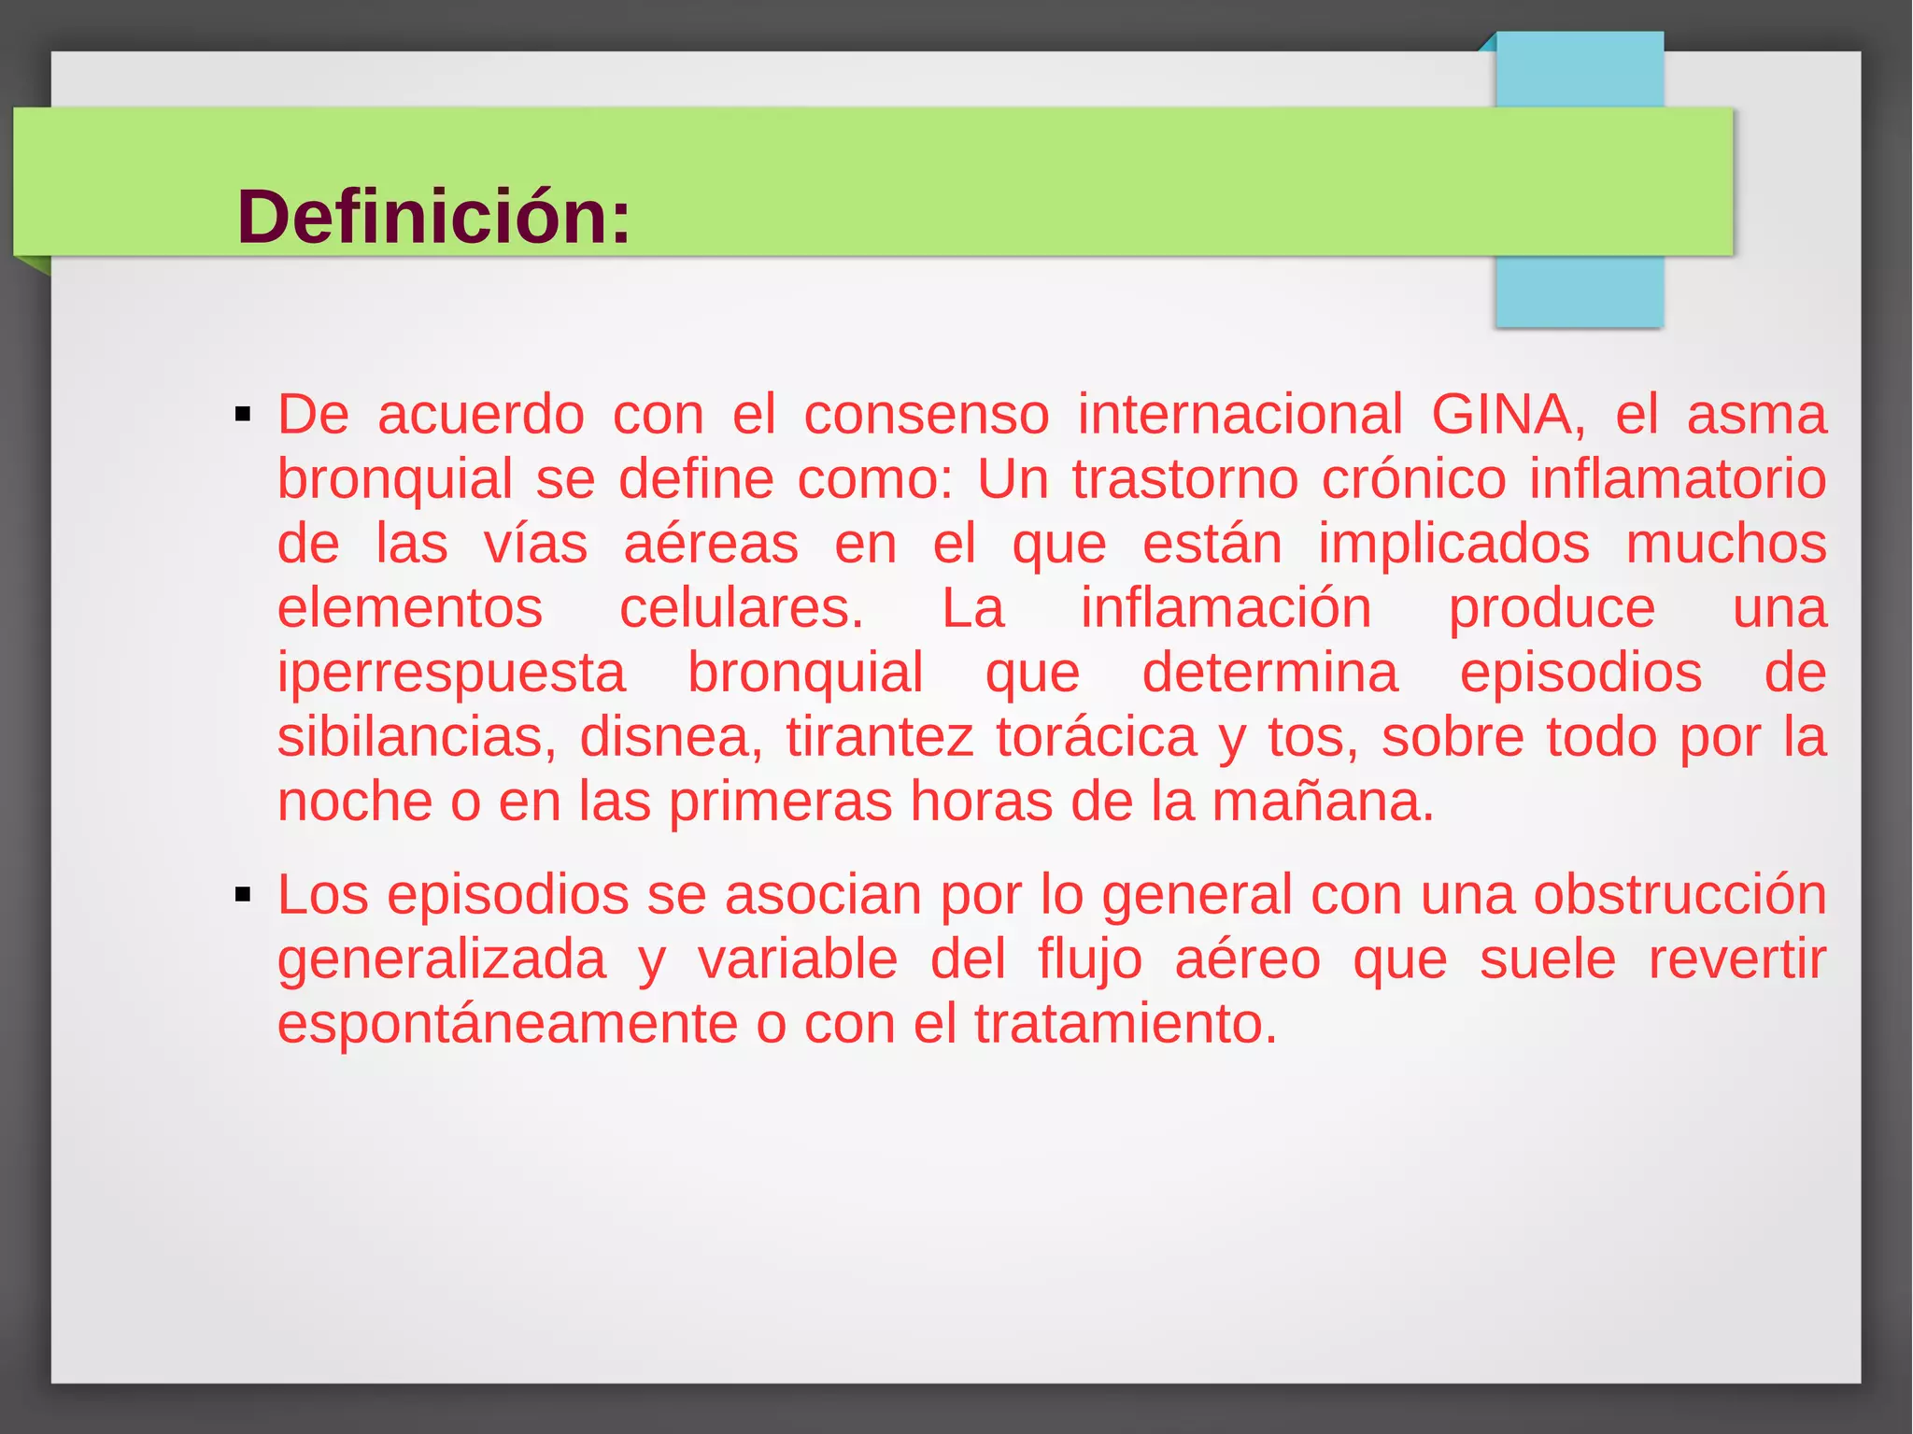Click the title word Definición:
tap(433, 218)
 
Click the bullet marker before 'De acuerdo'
tap(244, 415)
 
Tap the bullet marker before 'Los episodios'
tap(244, 895)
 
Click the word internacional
tap(1240, 414)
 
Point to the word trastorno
tap(1184, 479)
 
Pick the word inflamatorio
tap(1678, 479)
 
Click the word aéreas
tap(711, 544)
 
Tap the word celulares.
tap(742, 608)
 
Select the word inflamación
tap(1226, 608)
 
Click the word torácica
tap(1096, 737)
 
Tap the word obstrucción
tap(1679, 895)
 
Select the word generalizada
tap(442, 960)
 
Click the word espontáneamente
tap(508, 1024)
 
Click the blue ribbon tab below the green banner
tap(1579, 291)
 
